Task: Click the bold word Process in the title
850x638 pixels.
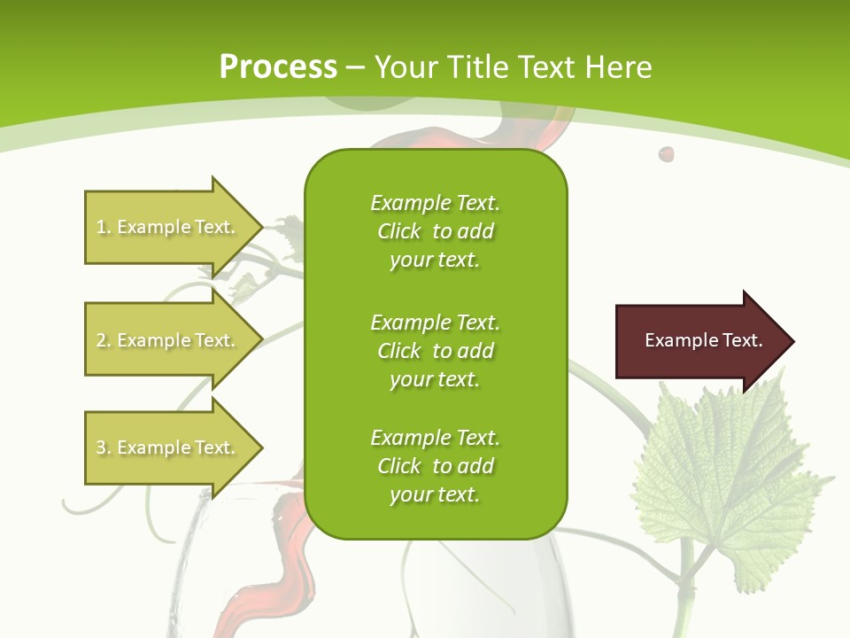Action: (278, 67)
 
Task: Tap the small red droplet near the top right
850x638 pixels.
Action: (666, 154)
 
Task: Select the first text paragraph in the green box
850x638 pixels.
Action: (435, 231)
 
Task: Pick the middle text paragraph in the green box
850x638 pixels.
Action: (435, 351)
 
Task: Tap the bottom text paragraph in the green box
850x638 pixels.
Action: (435, 466)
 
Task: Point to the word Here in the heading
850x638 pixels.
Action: (619, 67)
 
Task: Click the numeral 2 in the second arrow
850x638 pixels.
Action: (101, 340)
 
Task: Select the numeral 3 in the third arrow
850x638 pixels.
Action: (101, 447)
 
